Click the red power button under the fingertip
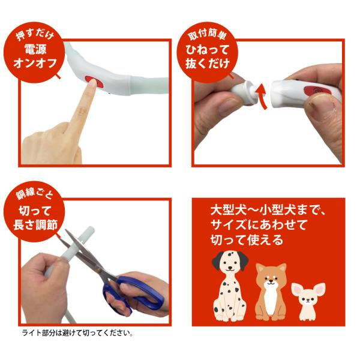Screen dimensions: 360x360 pyautogui.click(x=95, y=82)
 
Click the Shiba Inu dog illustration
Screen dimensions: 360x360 pyautogui.click(x=271, y=292)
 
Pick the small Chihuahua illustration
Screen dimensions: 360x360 pyautogui.click(x=308, y=301)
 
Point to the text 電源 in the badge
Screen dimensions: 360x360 pyautogui.click(x=35, y=49)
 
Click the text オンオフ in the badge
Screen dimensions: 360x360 pyautogui.click(x=35, y=63)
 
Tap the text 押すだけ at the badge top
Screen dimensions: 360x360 pyautogui.click(x=35, y=35)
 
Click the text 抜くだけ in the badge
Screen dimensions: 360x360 pyautogui.click(x=208, y=64)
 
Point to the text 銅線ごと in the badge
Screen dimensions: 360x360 pyautogui.click(x=34, y=194)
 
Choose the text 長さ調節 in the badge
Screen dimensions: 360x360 pyautogui.click(x=35, y=224)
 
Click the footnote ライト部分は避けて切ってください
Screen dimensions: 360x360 pyautogui.click(x=77, y=333)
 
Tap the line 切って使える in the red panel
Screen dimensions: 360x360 pyautogui.click(x=247, y=239)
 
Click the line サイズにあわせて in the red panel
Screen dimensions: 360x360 pyautogui.click(x=259, y=224)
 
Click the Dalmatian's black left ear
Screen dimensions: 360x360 pyautogui.click(x=217, y=260)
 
